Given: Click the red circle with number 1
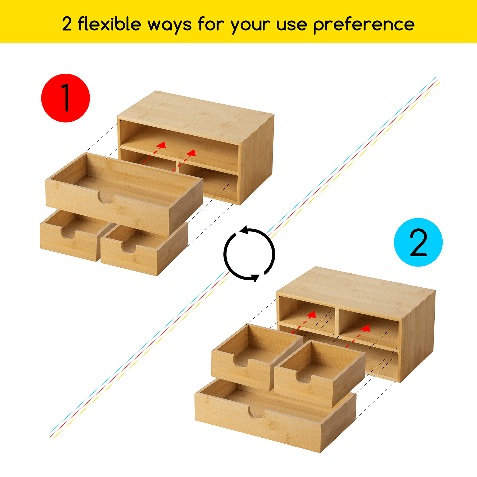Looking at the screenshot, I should [x=66, y=98].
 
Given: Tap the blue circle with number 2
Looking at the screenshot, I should [x=418, y=242].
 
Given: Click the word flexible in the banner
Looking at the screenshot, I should [x=109, y=24].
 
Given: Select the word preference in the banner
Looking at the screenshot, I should [x=364, y=25].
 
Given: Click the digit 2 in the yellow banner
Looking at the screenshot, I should [x=67, y=24].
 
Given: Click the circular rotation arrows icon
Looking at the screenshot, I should [x=249, y=254].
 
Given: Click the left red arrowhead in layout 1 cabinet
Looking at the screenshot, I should [x=162, y=145].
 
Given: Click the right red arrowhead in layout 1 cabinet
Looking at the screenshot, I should [x=192, y=153].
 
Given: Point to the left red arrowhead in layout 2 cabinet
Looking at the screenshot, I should [x=312, y=314].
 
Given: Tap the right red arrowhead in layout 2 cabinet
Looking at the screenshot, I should [x=366, y=328].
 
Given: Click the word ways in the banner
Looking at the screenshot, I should [x=170, y=25].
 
